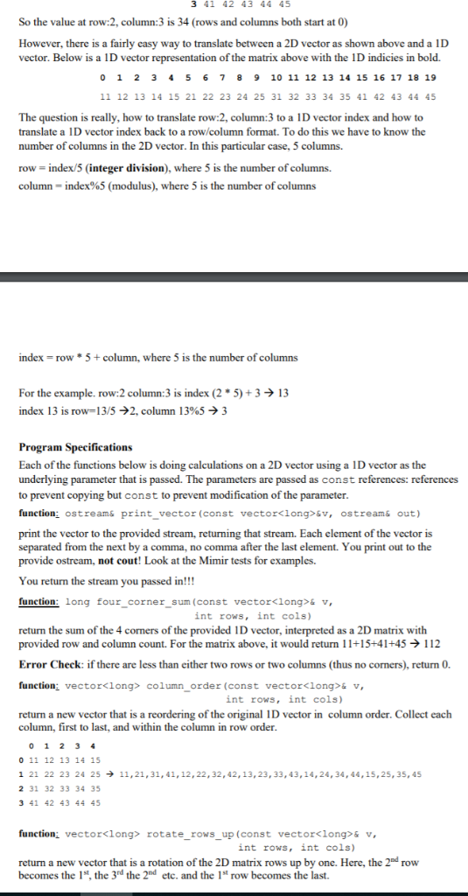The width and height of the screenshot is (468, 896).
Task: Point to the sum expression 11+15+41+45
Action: pos(375,644)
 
